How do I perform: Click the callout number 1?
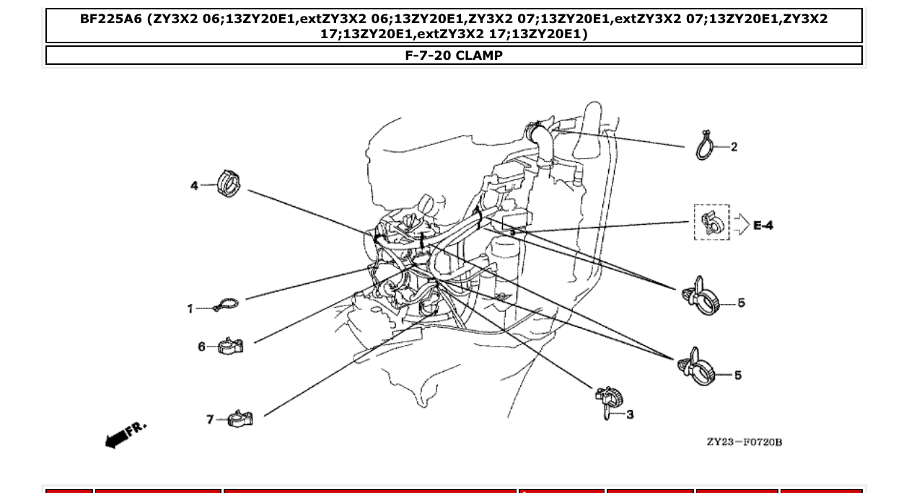coord(190,308)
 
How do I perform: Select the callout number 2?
coord(734,147)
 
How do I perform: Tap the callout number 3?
coord(630,415)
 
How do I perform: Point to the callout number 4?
coord(194,186)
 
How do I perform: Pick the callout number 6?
coord(202,347)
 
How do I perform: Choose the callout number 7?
coord(210,419)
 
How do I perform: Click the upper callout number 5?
coord(741,303)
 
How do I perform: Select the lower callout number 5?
coord(737,375)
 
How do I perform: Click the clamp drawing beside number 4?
coord(227,184)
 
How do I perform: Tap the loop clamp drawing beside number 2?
coord(705,146)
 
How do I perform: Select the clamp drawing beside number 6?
coord(231,346)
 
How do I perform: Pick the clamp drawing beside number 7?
coord(240,418)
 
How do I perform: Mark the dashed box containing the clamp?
coord(711,222)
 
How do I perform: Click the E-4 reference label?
coord(763,226)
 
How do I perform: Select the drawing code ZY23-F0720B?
coord(744,442)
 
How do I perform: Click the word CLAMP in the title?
coord(479,55)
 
